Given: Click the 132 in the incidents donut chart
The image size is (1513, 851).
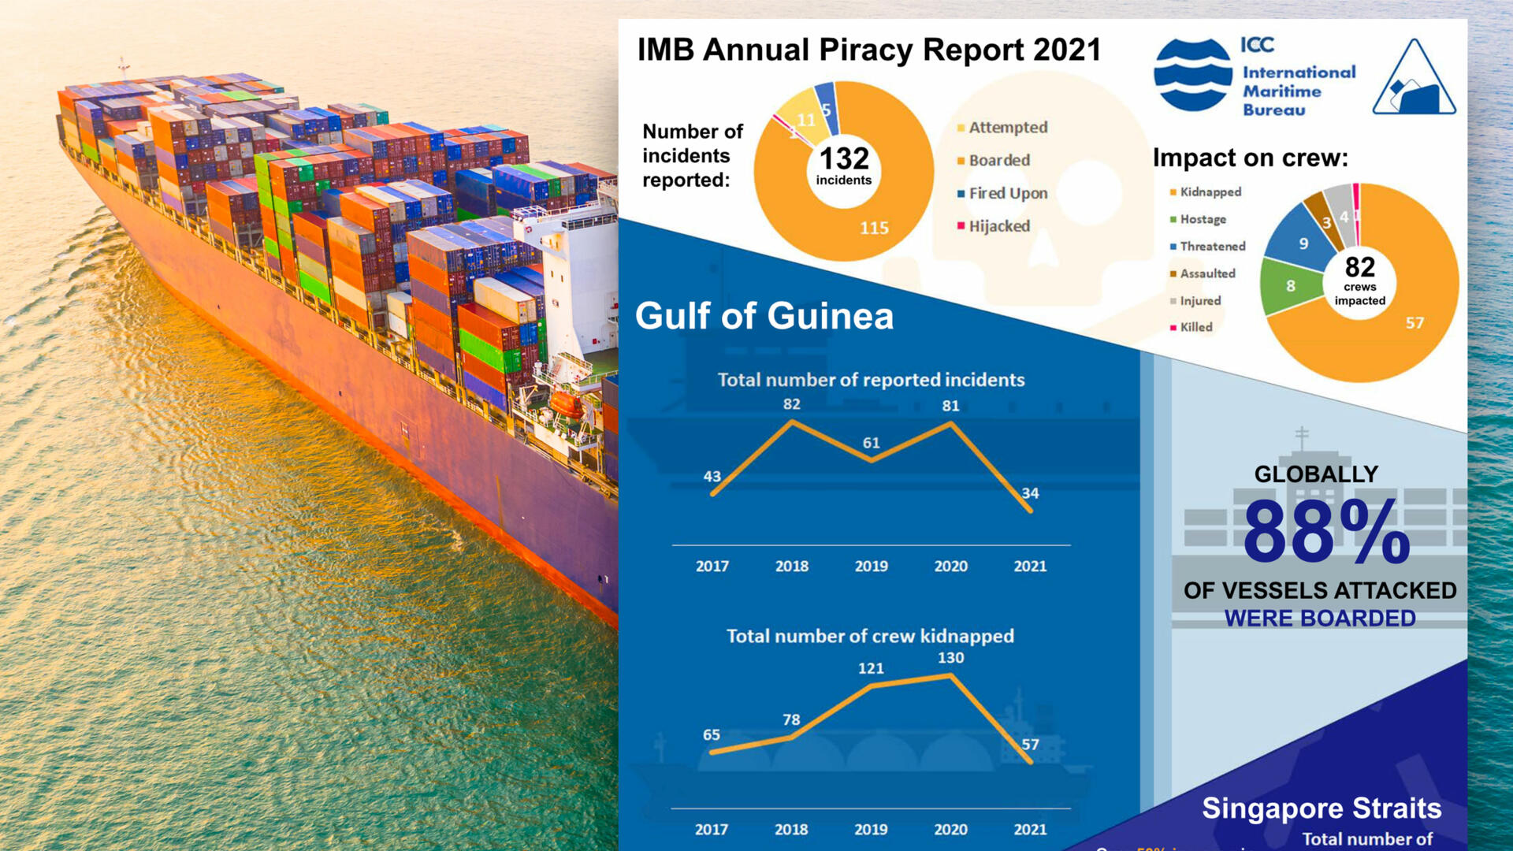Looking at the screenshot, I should [844, 158].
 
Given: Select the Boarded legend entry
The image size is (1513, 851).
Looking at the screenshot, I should [998, 161].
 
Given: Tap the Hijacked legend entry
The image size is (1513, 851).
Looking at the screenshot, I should [998, 227].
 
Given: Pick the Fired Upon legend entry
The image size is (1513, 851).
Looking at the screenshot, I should [1007, 194].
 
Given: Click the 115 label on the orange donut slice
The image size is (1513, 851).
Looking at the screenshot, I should [874, 229].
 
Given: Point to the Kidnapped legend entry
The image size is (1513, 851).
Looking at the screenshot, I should [1210, 192].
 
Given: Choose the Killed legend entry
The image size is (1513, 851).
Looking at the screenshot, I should [1195, 328].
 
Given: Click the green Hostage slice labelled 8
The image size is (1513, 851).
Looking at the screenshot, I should [1291, 286].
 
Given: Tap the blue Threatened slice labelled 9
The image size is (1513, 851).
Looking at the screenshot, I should [1303, 244].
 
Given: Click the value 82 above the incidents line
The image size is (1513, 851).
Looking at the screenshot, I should [792, 404].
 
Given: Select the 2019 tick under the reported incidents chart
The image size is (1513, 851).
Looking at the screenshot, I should [871, 567].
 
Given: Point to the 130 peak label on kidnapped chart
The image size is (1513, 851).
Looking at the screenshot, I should [950, 658].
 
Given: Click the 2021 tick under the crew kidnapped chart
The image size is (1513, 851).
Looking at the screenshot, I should [1030, 830].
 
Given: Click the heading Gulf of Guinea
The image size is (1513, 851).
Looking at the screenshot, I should [764, 317].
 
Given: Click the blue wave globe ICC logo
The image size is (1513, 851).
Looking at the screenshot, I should [1193, 76].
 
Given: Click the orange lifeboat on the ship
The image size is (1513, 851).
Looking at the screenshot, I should [567, 405].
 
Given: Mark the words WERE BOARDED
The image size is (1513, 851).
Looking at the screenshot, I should [1320, 619].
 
